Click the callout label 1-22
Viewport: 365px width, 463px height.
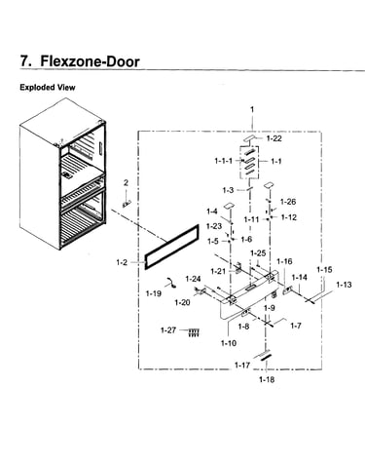coord(274,138)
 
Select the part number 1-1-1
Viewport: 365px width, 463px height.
coord(224,161)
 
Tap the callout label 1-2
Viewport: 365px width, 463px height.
coord(122,262)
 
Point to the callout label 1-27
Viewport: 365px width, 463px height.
coord(168,330)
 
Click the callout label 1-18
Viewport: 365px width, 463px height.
coord(267,379)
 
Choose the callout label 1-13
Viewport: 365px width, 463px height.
coord(344,285)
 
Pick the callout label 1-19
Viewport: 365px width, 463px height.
coord(154,293)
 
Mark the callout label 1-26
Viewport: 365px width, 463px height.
coord(288,202)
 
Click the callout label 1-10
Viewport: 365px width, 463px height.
coord(229,343)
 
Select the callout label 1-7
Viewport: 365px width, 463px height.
coord(295,326)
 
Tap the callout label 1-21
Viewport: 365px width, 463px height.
coord(218,271)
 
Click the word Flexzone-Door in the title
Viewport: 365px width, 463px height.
coord(90,61)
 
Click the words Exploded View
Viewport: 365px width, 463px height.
coord(48,88)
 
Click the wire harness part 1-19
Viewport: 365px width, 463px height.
coord(170,283)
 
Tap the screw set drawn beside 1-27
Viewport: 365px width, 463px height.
coord(194,332)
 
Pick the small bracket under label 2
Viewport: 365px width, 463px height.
coord(127,203)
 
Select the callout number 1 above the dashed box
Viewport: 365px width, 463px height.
coord(252,110)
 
